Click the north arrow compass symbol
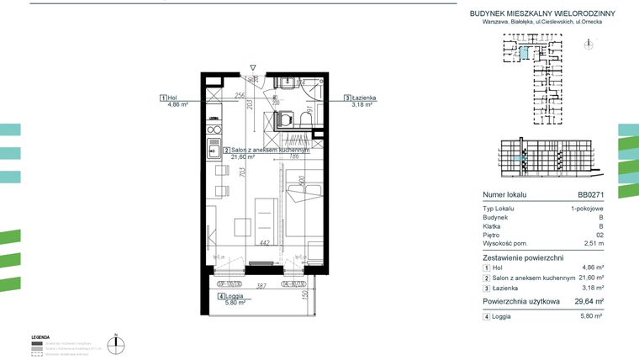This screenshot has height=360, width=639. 120,342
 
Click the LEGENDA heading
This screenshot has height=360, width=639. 40,336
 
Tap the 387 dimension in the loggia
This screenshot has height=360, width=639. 261,288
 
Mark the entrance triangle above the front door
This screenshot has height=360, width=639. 252,66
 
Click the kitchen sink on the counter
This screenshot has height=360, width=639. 214,152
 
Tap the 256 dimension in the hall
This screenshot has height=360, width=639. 240,96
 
